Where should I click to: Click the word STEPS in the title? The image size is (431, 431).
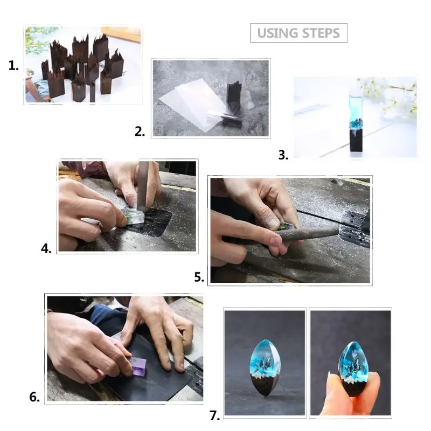coord(321,33)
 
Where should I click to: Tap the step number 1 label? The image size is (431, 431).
coord(13,66)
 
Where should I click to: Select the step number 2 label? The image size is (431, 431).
coord(140,131)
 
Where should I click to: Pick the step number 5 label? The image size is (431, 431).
coord(199,277)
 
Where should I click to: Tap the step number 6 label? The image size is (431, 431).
coord(34,398)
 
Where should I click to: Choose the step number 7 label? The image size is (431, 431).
coord(214,415)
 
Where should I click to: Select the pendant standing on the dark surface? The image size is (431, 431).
coord(265,366)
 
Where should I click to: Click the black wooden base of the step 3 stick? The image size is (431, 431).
coord(354,143)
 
